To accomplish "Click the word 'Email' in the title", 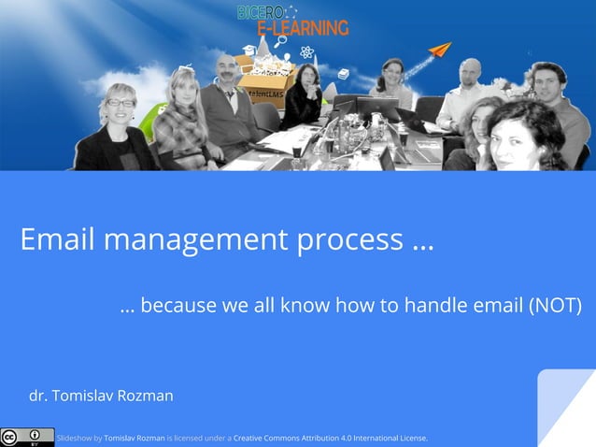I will click(x=58, y=240).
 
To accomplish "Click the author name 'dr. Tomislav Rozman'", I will click(x=101, y=396).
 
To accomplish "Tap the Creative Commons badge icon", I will click(x=27, y=437).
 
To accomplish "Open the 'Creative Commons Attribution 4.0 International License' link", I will click(x=330, y=438).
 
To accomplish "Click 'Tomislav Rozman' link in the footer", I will click(x=134, y=438).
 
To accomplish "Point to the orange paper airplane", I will click(x=440, y=50).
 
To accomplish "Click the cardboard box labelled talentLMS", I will click(x=265, y=83).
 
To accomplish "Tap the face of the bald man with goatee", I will click(x=224, y=71).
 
